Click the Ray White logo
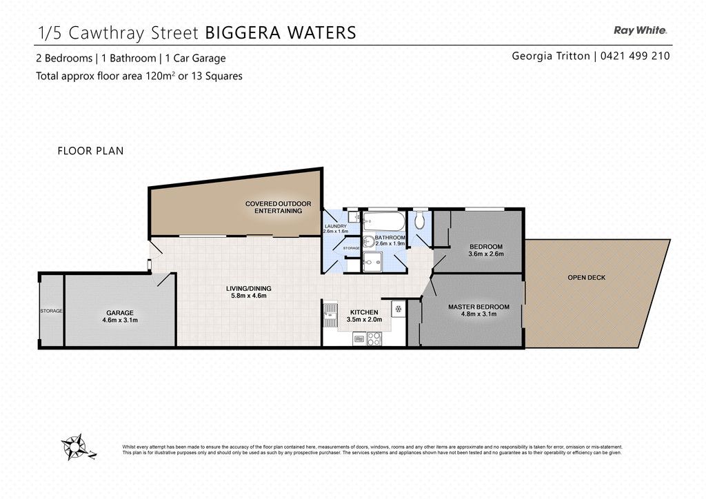[641, 30]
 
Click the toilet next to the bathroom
[419, 220]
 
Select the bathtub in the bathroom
[384, 220]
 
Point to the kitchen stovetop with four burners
[374, 338]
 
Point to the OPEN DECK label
[586, 278]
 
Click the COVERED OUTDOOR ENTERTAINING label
[279, 207]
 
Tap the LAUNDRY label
[336, 226]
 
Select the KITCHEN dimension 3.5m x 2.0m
[364, 320]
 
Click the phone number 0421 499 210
[635, 56]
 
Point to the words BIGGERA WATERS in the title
[281, 33]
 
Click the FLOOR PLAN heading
[90, 151]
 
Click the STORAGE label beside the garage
[51, 311]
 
